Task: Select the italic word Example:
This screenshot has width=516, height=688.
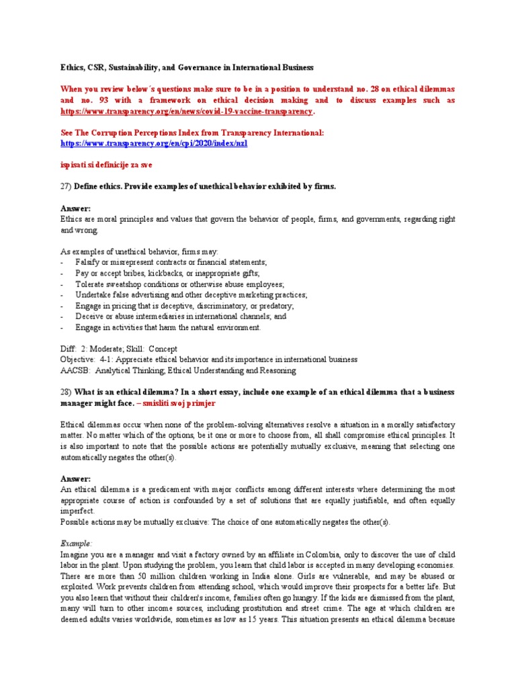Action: tap(76, 543)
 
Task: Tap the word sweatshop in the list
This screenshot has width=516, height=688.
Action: tap(130, 284)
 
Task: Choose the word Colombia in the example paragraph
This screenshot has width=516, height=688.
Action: tap(343, 554)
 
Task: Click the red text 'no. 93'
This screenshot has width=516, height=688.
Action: tap(96, 100)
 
